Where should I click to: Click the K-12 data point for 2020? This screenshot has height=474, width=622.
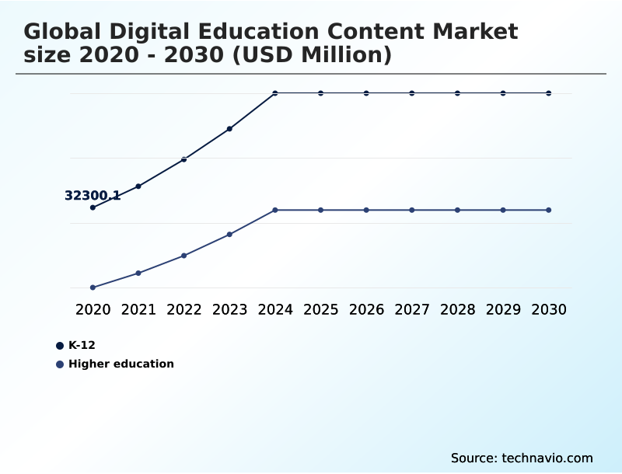[x=93, y=207]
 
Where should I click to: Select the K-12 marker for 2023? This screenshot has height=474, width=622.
[x=229, y=129]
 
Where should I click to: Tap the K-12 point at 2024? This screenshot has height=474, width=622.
[x=275, y=93]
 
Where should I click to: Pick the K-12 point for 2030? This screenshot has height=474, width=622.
[x=549, y=93]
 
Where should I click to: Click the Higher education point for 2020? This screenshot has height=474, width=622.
[x=93, y=288]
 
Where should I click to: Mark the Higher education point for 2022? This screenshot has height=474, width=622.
[x=184, y=256]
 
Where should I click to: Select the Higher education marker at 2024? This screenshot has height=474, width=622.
[x=275, y=210]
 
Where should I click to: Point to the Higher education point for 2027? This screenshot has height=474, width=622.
[x=412, y=210]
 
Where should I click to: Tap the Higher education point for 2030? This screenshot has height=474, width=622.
[x=549, y=210]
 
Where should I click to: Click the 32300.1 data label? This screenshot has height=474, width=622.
[x=92, y=196]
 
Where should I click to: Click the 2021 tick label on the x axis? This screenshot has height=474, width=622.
[x=138, y=309]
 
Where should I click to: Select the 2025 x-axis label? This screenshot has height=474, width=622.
[x=320, y=309]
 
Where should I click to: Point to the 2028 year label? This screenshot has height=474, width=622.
[x=457, y=309]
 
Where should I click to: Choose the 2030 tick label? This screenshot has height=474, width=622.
[x=549, y=309]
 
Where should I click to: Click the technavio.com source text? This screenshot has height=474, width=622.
[x=547, y=458]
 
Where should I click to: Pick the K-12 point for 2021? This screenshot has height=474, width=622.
[x=138, y=186]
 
